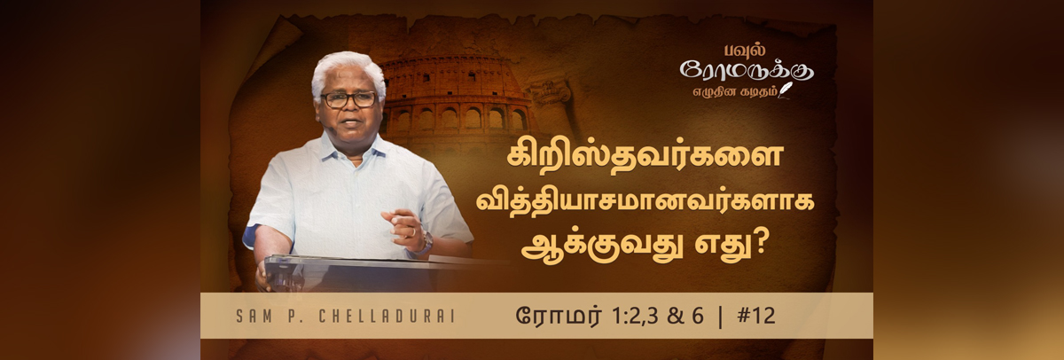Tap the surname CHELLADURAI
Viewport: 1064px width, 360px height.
[387, 317]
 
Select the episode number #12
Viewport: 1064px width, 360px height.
[756, 316]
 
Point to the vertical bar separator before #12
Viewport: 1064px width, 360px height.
[721, 317]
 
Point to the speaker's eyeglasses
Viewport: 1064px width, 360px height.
[348, 99]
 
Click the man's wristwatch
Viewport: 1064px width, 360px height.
[426, 243]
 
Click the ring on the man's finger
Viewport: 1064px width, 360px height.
[413, 232]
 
